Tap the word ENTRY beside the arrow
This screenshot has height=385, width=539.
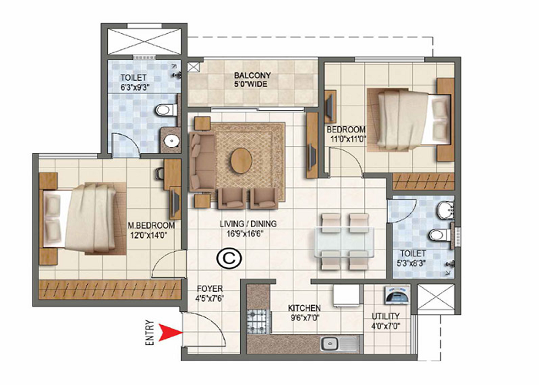[x=150, y=333]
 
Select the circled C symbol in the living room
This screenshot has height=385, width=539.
[x=227, y=258]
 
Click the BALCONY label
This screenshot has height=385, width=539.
[x=252, y=75]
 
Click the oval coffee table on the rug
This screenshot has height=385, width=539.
[x=241, y=160]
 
